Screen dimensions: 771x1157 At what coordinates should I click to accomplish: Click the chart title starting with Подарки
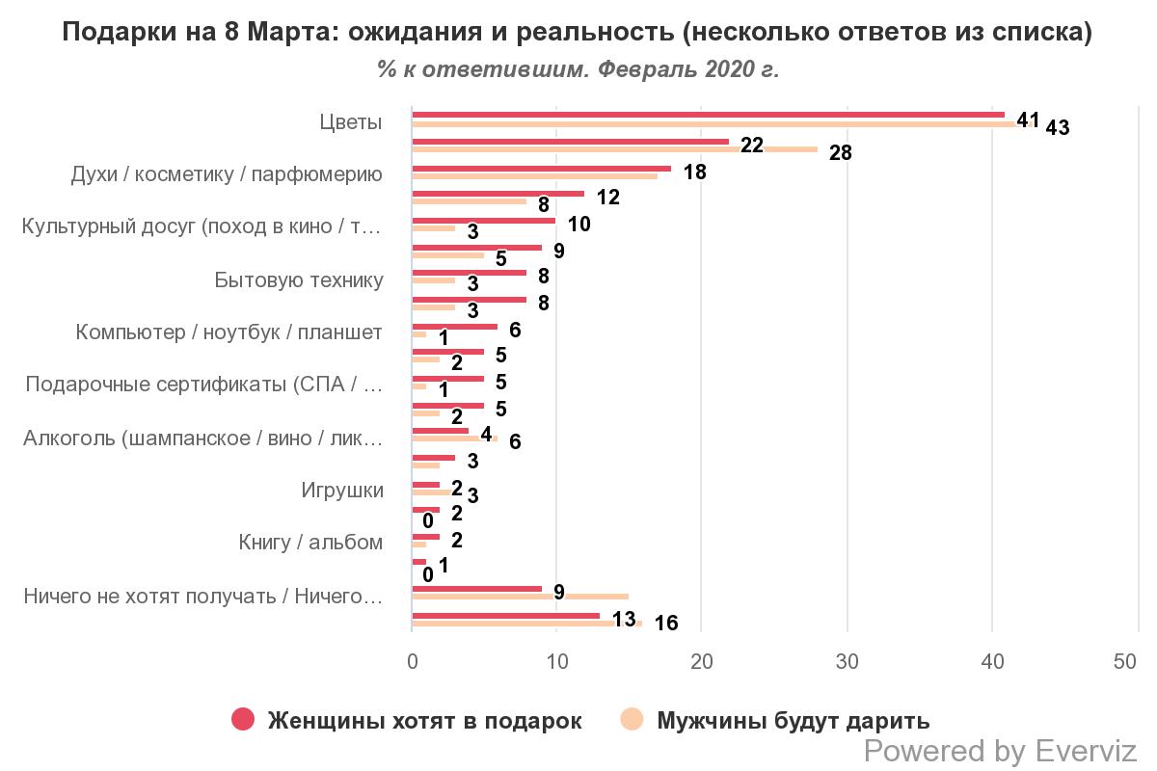(x=578, y=32)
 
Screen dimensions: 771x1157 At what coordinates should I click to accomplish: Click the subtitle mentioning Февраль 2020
(x=578, y=70)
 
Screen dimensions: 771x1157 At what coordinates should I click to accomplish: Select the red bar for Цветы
(x=708, y=115)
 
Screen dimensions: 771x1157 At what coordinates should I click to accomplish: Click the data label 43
(x=1057, y=127)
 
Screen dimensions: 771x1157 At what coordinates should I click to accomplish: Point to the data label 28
(x=840, y=153)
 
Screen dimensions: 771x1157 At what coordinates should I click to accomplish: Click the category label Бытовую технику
(x=299, y=280)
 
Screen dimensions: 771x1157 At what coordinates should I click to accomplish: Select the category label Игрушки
(x=342, y=491)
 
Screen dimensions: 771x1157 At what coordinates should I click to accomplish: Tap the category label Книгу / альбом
(x=310, y=543)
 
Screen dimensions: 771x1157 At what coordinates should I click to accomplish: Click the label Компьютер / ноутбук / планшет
(x=229, y=332)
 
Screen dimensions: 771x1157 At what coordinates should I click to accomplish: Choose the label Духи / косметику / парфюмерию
(x=227, y=175)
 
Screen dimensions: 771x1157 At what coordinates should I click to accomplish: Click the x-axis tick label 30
(x=847, y=662)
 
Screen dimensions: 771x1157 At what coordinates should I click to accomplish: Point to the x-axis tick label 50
(x=1125, y=662)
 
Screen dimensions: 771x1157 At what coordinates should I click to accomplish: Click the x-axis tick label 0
(x=412, y=662)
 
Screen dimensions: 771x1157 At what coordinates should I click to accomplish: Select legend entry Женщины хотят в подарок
(x=424, y=721)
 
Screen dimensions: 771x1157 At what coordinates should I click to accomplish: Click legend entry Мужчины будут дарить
(x=793, y=721)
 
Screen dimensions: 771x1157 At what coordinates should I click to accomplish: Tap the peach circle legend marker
(x=632, y=719)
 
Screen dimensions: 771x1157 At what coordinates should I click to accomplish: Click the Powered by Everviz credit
(x=1000, y=751)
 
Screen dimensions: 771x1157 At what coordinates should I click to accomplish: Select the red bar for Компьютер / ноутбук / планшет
(x=454, y=326)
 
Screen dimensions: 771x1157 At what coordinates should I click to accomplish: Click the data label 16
(x=665, y=624)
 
